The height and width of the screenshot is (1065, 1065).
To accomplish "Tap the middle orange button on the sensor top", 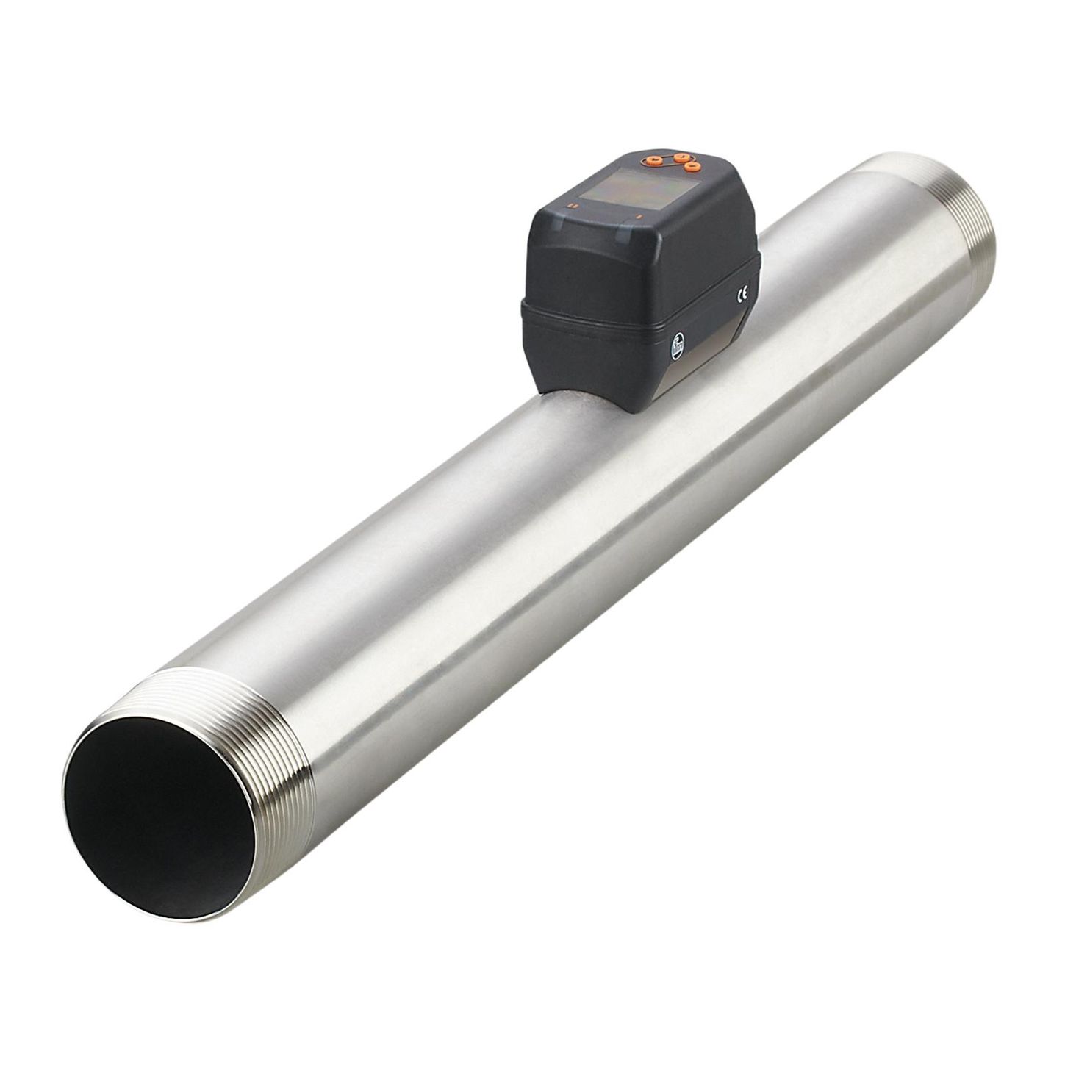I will pyautogui.click(x=681, y=157).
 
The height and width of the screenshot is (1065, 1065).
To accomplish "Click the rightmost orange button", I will pyautogui.click(x=692, y=168).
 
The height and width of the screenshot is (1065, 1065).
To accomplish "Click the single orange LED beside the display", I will pyautogui.click(x=639, y=216).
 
